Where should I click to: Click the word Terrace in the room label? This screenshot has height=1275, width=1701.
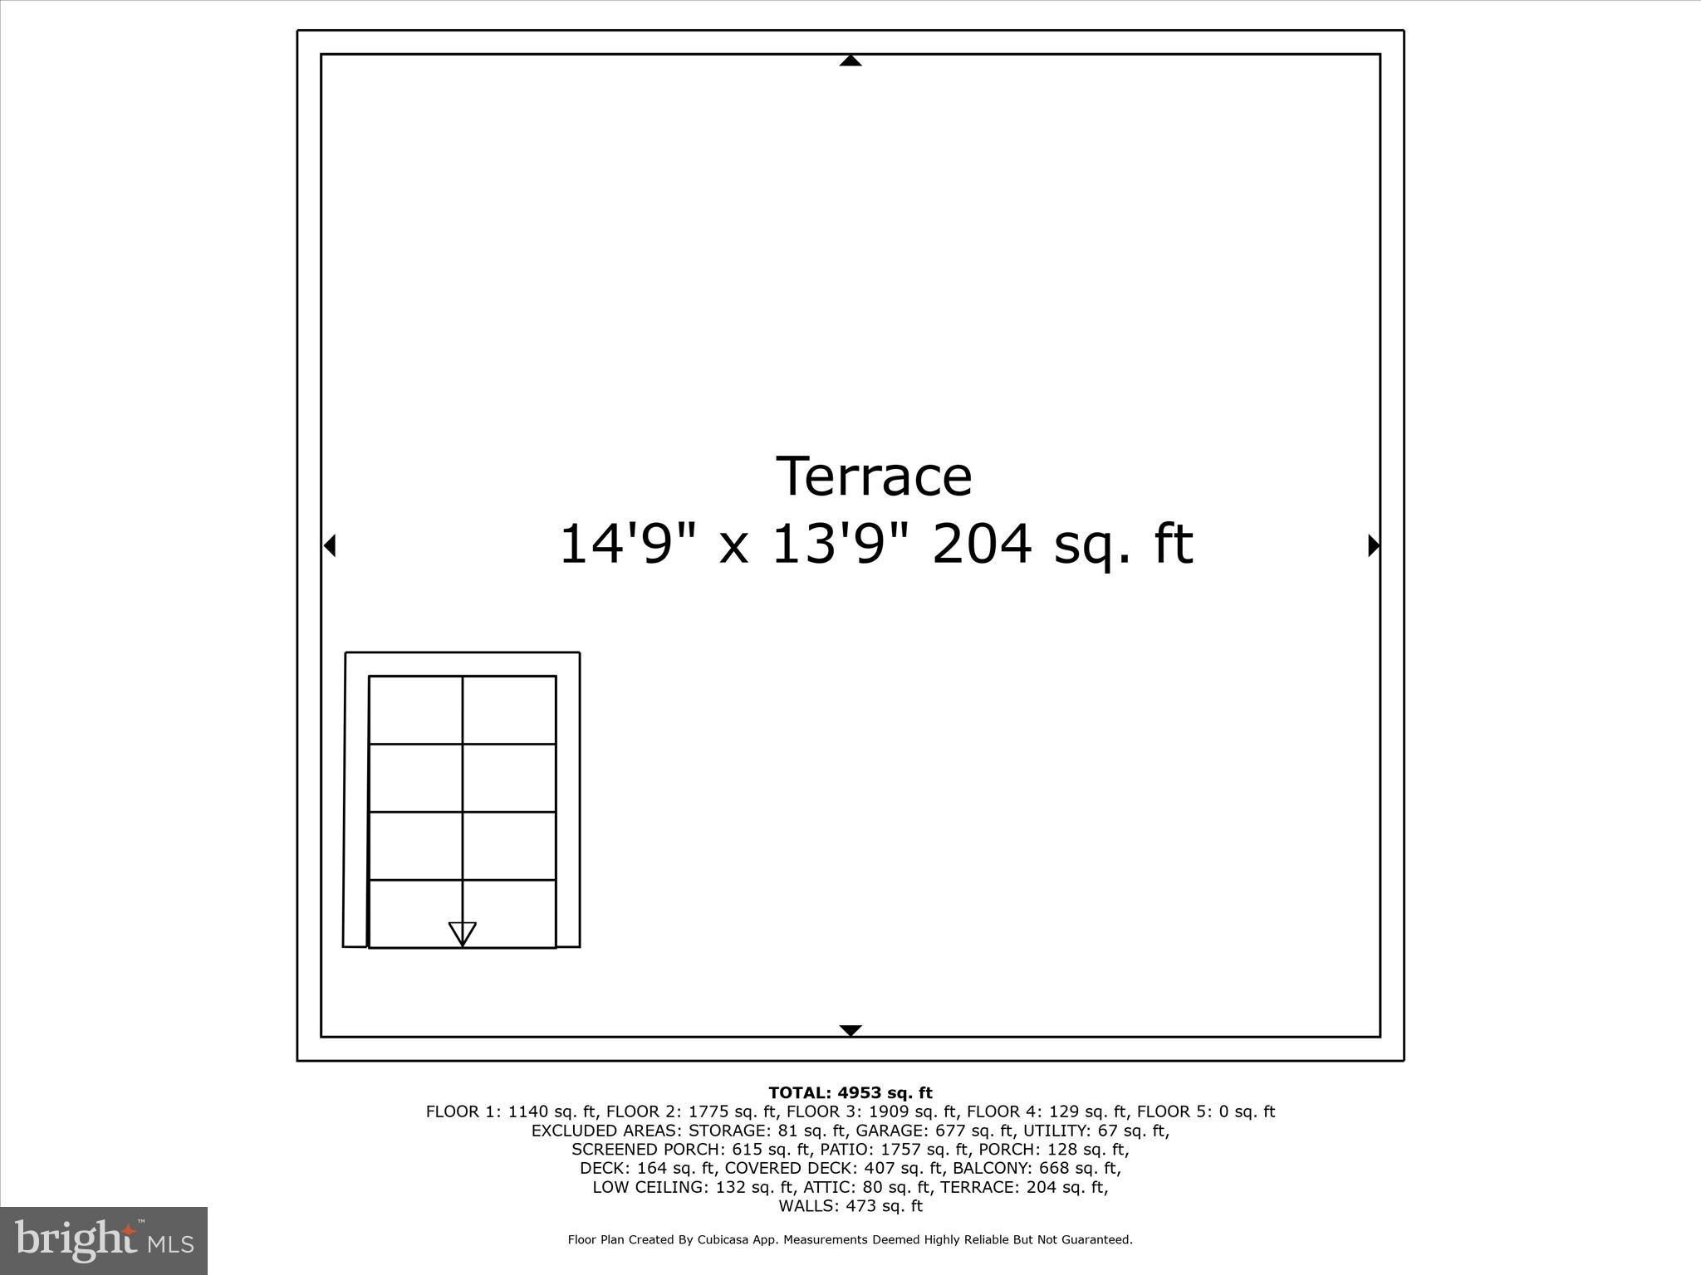(874, 476)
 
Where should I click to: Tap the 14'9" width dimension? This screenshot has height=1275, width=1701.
(615, 545)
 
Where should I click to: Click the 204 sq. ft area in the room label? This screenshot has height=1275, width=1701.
(1062, 545)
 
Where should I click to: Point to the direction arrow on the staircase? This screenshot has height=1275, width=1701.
(463, 933)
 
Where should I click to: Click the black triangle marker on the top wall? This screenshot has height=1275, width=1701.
(850, 61)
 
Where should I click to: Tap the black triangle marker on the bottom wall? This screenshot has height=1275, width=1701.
(850, 1030)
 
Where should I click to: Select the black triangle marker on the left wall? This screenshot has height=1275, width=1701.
(330, 545)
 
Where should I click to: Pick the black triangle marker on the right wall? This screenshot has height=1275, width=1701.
(1374, 545)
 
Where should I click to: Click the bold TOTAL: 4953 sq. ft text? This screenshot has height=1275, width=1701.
(850, 1092)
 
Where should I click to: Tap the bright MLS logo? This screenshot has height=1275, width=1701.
(104, 1240)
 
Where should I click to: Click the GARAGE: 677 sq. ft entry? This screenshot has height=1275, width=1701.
(935, 1131)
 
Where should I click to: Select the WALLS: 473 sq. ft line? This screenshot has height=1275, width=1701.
(850, 1206)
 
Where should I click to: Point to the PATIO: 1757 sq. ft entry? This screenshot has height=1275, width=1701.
(895, 1150)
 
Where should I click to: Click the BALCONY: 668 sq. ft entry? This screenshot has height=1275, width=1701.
(1036, 1168)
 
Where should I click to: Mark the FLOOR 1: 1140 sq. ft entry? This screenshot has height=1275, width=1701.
(512, 1111)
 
